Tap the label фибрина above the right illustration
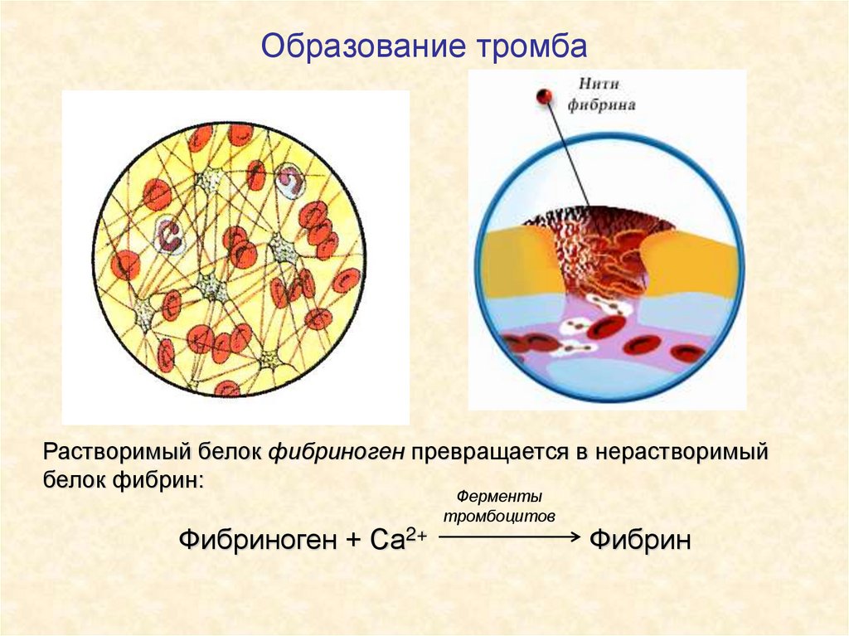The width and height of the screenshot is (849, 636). point(602,105)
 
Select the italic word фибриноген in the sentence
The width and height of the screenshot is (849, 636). point(336,453)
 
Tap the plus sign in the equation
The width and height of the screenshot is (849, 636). point(354,541)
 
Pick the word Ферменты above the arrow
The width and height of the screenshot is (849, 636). point(499,498)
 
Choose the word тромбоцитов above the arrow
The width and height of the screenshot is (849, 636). point(499,515)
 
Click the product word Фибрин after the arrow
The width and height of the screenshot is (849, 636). point(640,541)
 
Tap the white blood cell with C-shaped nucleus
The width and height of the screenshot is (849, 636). point(170,235)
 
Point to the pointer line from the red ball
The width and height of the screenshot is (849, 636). point(568,153)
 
